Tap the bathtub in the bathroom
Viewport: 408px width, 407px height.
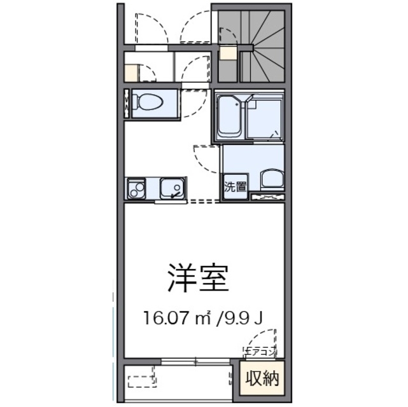pyautogui.click(x=229, y=117)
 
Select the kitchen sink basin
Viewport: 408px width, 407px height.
pyautogui.click(x=171, y=188)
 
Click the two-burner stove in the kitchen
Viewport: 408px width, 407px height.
pyautogui.click(x=136, y=189)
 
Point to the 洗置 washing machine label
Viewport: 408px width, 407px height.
pyautogui.click(x=235, y=187)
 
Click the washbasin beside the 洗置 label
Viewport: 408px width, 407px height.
pyautogui.click(x=270, y=181)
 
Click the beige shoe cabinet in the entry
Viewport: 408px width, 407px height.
pyautogui.click(x=131, y=72)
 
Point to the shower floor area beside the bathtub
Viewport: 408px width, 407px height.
pyautogui.click(x=264, y=120)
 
